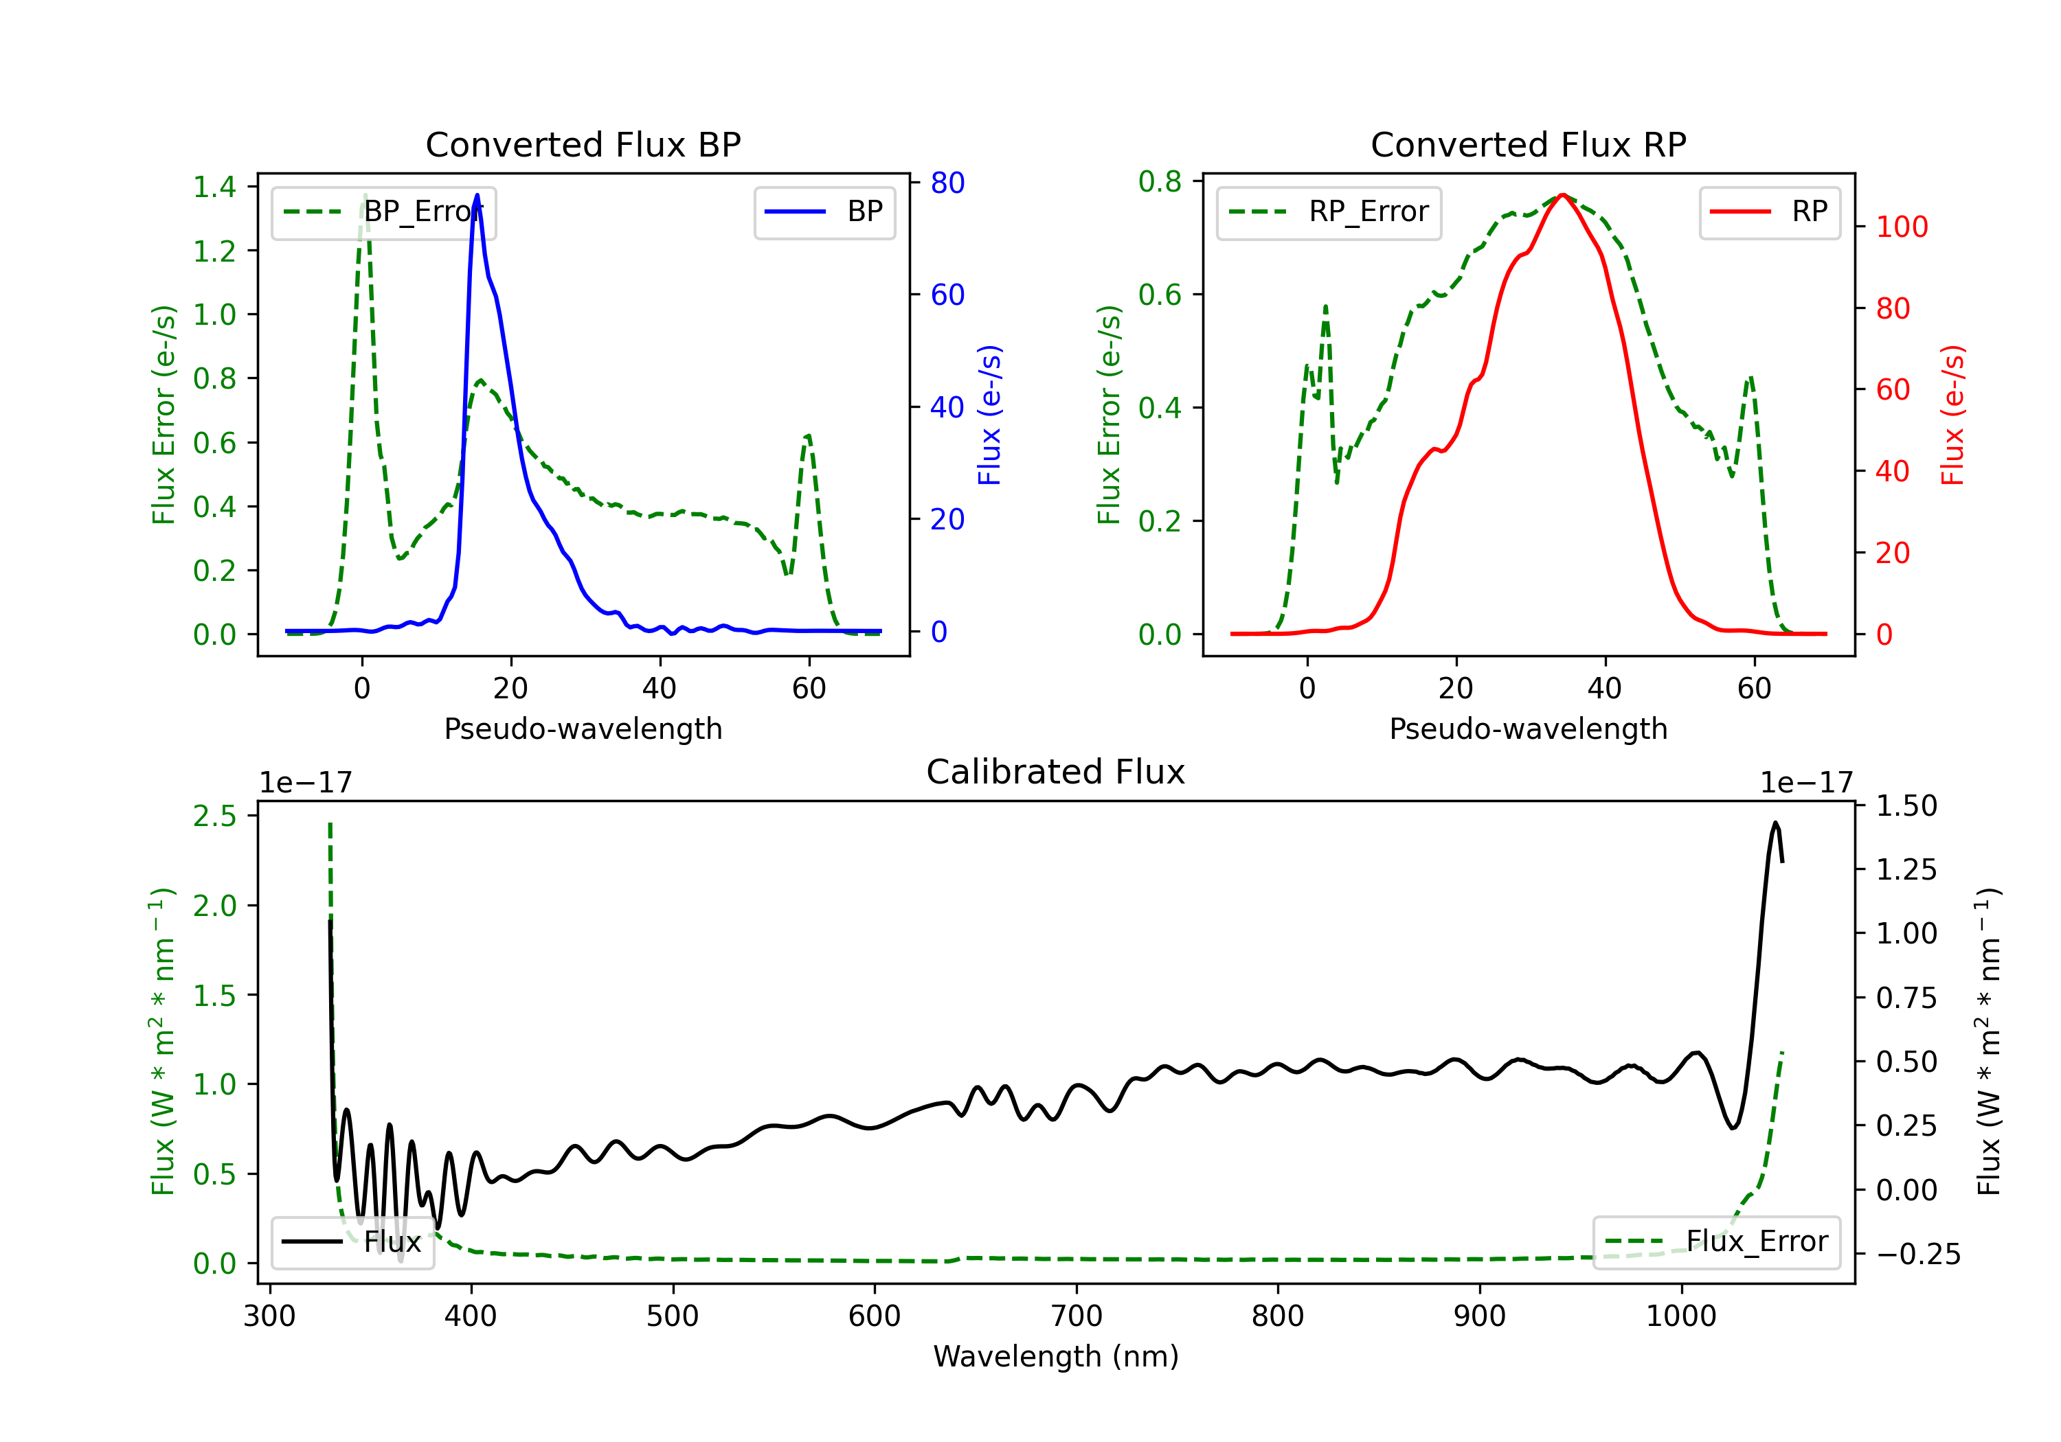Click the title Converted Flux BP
pos(583,144)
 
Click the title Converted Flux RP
pos(1528,144)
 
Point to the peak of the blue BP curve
pos(477,195)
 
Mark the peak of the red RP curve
pos(1563,195)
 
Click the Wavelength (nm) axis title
pos(1056,1356)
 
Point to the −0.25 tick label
pos(1917,1254)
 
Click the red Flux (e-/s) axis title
pos(1952,415)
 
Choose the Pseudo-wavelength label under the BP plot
pos(583,729)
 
